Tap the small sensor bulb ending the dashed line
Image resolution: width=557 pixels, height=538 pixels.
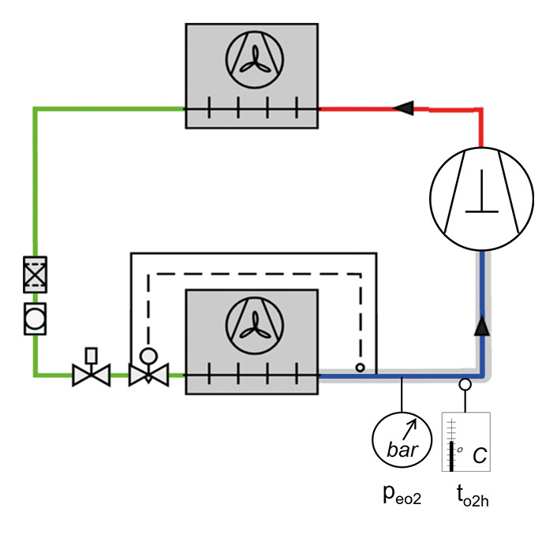(x=360, y=368)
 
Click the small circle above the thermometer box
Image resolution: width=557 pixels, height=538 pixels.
(x=465, y=386)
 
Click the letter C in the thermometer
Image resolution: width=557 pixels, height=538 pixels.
(x=480, y=457)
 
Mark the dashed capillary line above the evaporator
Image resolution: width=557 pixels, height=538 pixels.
(x=252, y=274)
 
